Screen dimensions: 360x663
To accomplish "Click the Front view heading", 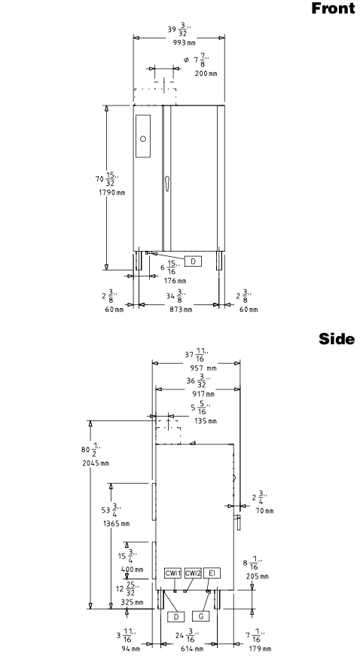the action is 333,8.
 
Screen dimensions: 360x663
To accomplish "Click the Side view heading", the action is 337,339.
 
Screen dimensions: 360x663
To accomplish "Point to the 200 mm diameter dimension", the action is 206,73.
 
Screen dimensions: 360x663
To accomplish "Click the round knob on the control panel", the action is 143,139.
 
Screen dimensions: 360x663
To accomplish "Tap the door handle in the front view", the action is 167,184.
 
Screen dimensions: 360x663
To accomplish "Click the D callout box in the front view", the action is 193,261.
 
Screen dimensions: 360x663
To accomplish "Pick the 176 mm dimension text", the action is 175,281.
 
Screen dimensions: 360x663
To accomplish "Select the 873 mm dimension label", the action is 182,310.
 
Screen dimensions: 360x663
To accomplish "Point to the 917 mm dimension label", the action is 203,394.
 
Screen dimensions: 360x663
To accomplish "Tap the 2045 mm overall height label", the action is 96,463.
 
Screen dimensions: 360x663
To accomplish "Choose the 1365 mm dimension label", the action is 116,524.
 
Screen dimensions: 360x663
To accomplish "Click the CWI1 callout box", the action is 172,573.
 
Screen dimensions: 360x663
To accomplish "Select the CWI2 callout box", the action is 193,573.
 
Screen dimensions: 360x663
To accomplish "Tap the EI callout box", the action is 212,573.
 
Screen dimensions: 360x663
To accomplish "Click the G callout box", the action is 200,616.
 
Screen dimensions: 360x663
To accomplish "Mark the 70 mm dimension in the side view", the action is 264,511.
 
